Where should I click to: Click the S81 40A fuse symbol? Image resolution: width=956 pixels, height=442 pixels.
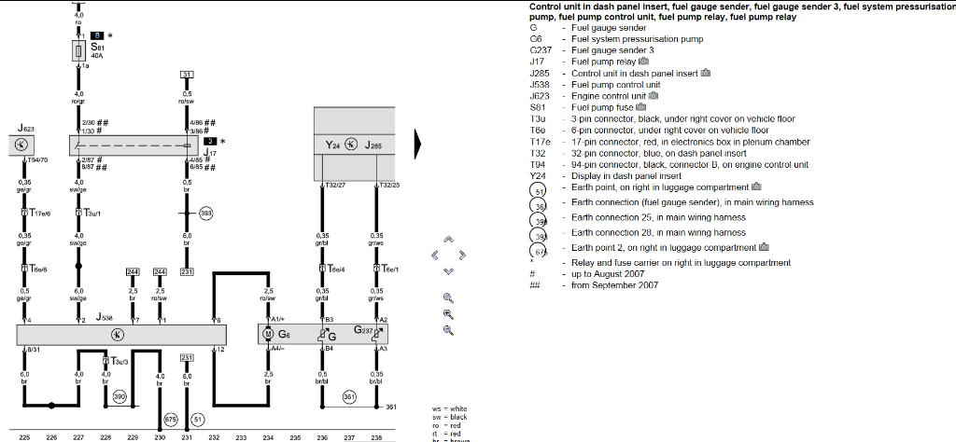point(78,50)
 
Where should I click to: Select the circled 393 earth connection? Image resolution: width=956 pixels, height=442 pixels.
point(205,214)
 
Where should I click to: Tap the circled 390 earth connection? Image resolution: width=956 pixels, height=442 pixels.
point(119,397)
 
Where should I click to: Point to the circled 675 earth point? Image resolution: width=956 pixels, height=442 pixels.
point(171,420)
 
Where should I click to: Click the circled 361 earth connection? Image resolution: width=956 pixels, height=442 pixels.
point(348,396)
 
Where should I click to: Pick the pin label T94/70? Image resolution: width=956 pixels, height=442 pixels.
point(38,160)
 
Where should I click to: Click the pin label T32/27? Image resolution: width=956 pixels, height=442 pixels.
point(335,185)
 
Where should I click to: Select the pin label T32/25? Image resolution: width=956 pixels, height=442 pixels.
point(389,185)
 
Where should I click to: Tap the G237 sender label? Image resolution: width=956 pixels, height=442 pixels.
point(364,330)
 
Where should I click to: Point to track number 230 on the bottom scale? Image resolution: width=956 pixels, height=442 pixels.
point(161,436)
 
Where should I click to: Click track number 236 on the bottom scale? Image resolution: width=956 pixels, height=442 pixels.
point(322,436)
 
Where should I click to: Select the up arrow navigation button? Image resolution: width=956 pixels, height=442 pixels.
point(448,240)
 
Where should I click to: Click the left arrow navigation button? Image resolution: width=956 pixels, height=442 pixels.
point(434,255)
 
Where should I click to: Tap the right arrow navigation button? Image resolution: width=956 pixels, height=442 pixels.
point(462,255)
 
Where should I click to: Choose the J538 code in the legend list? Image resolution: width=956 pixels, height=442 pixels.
point(539,85)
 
